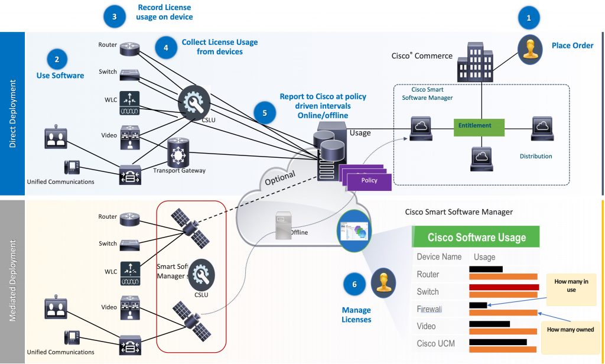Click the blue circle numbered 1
(x=529, y=18)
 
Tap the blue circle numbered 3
(x=114, y=17)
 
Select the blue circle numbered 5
(x=265, y=112)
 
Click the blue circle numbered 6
(x=354, y=284)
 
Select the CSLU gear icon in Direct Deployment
(x=193, y=102)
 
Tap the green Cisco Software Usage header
(x=476, y=238)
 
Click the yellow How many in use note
(x=571, y=286)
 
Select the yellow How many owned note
(x=571, y=329)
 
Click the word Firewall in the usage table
(x=429, y=309)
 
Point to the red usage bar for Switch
(x=503, y=288)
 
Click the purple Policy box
(x=370, y=180)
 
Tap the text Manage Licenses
(x=356, y=314)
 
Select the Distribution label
(x=536, y=157)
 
